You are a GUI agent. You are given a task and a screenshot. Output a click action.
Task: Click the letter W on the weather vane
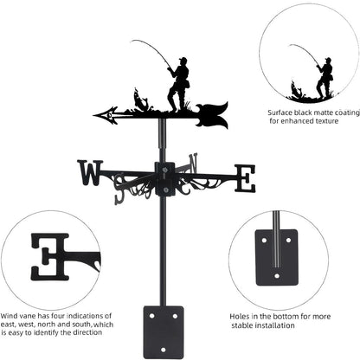[x=90, y=173]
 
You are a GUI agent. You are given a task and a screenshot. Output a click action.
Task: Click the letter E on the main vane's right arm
[x=245, y=179]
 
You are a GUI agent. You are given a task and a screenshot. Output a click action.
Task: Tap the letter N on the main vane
[x=192, y=161]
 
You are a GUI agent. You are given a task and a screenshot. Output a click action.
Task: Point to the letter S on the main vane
[x=120, y=194]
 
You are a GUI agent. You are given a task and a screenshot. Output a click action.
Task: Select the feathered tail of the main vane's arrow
[x=213, y=113]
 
